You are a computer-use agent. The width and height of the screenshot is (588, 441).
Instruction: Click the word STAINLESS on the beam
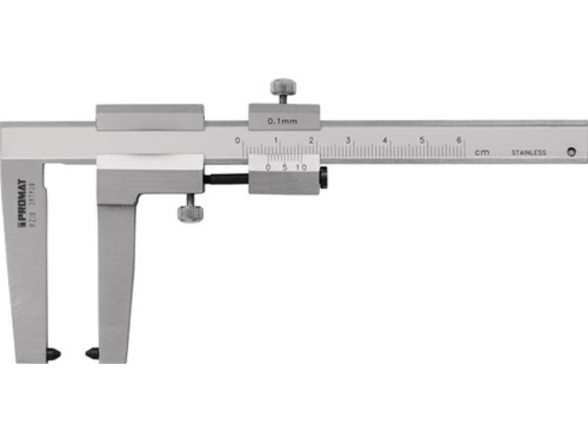click(529, 153)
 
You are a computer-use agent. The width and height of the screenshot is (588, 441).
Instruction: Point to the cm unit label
click(481, 152)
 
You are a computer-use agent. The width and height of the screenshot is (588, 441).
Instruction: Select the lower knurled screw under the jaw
click(190, 211)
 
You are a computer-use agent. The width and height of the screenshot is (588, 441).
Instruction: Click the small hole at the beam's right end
click(571, 151)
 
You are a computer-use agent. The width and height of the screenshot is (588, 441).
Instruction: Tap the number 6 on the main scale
click(459, 140)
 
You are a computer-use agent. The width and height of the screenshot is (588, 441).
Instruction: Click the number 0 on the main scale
click(237, 140)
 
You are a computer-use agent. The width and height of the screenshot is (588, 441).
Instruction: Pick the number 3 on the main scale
click(347, 140)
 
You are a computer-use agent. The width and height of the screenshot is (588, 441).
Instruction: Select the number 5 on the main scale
click(422, 140)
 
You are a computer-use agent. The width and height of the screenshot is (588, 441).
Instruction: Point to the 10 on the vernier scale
click(301, 168)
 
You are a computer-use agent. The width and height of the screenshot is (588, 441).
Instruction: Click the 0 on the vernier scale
click(268, 168)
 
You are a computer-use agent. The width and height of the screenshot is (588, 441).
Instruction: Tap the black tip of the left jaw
click(53, 354)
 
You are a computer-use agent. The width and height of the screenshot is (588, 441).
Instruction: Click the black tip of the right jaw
click(92, 354)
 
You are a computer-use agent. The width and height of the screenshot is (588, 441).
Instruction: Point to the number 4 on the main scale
click(384, 140)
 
